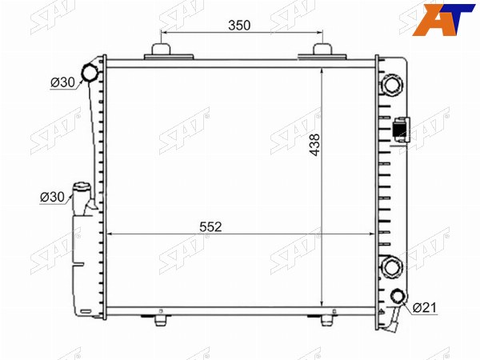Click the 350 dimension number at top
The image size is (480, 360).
pyautogui.click(x=239, y=26)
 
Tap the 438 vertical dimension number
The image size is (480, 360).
pyautogui.click(x=314, y=145)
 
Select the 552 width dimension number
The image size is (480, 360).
pyautogui.click(x=210, y=227)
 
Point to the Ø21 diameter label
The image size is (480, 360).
pyautogui.click(x=425, y=307)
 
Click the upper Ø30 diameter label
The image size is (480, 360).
pyautogui.click(x=62, y=82)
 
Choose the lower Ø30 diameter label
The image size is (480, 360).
pyautogui.click(x=52, y=197)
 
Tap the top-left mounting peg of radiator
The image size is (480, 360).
pyautogui.click(x=161, y=50)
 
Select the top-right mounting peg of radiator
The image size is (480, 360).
pyautogui.click(x=322, y=50)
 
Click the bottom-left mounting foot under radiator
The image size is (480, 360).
pyautogui.click(x=161, y=319)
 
